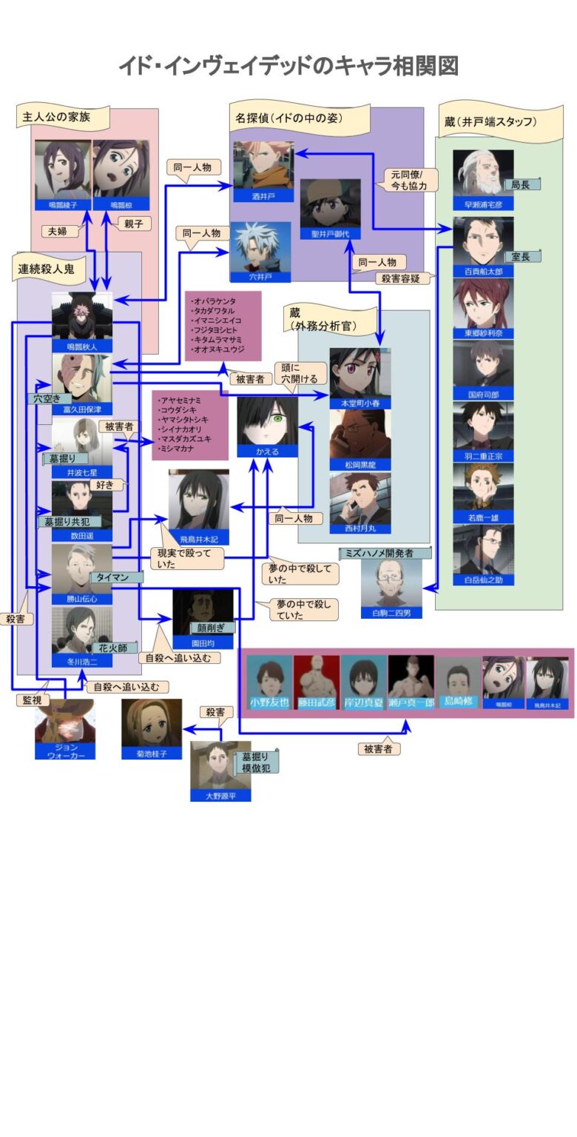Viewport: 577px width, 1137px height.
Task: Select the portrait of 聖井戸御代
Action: tap(330, 203)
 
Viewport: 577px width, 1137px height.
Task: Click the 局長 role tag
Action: tap(522, 184)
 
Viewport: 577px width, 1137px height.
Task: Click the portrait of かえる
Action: tap(267, 420)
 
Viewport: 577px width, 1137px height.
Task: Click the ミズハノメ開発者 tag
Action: tap(385, 553)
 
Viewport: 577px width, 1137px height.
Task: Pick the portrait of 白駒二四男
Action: tap(391, 583)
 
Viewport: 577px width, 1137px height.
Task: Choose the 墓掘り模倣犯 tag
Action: tap(256, 762)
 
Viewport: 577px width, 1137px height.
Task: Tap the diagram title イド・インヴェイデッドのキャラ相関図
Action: tap(288, 66)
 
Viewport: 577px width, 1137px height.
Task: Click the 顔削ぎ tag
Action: tap(210, 628)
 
